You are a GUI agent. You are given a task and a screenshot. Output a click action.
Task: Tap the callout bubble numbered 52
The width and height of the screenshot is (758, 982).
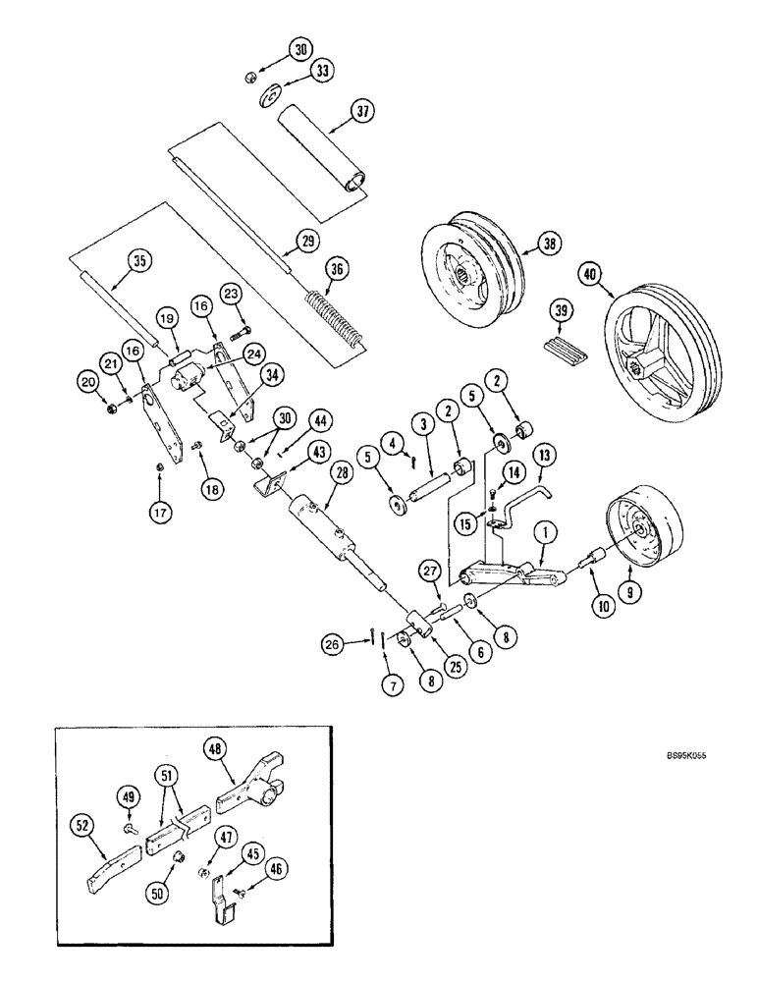coord(85,827)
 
